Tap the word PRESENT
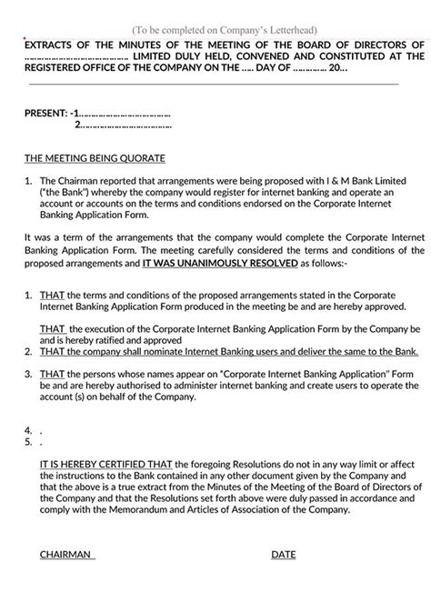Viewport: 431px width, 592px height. coord(45,114)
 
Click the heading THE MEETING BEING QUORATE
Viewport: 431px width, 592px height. coord(85,156)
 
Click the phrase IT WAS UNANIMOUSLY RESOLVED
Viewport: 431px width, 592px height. coord(208,262)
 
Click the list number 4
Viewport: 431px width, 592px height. coord(28,430)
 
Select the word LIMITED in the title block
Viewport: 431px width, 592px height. coord(157,55)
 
